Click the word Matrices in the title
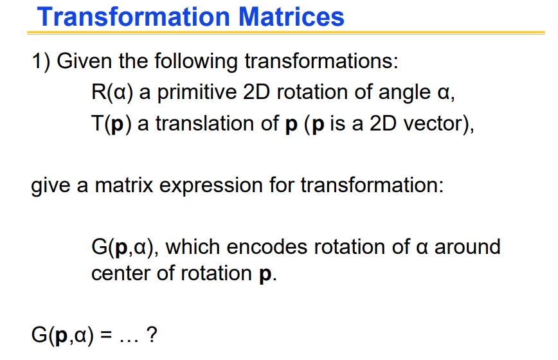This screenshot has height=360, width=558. [291, 17]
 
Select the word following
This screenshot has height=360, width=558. [190, 62]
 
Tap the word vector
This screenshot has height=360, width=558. [434, 124]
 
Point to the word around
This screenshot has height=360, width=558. [467, 247]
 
